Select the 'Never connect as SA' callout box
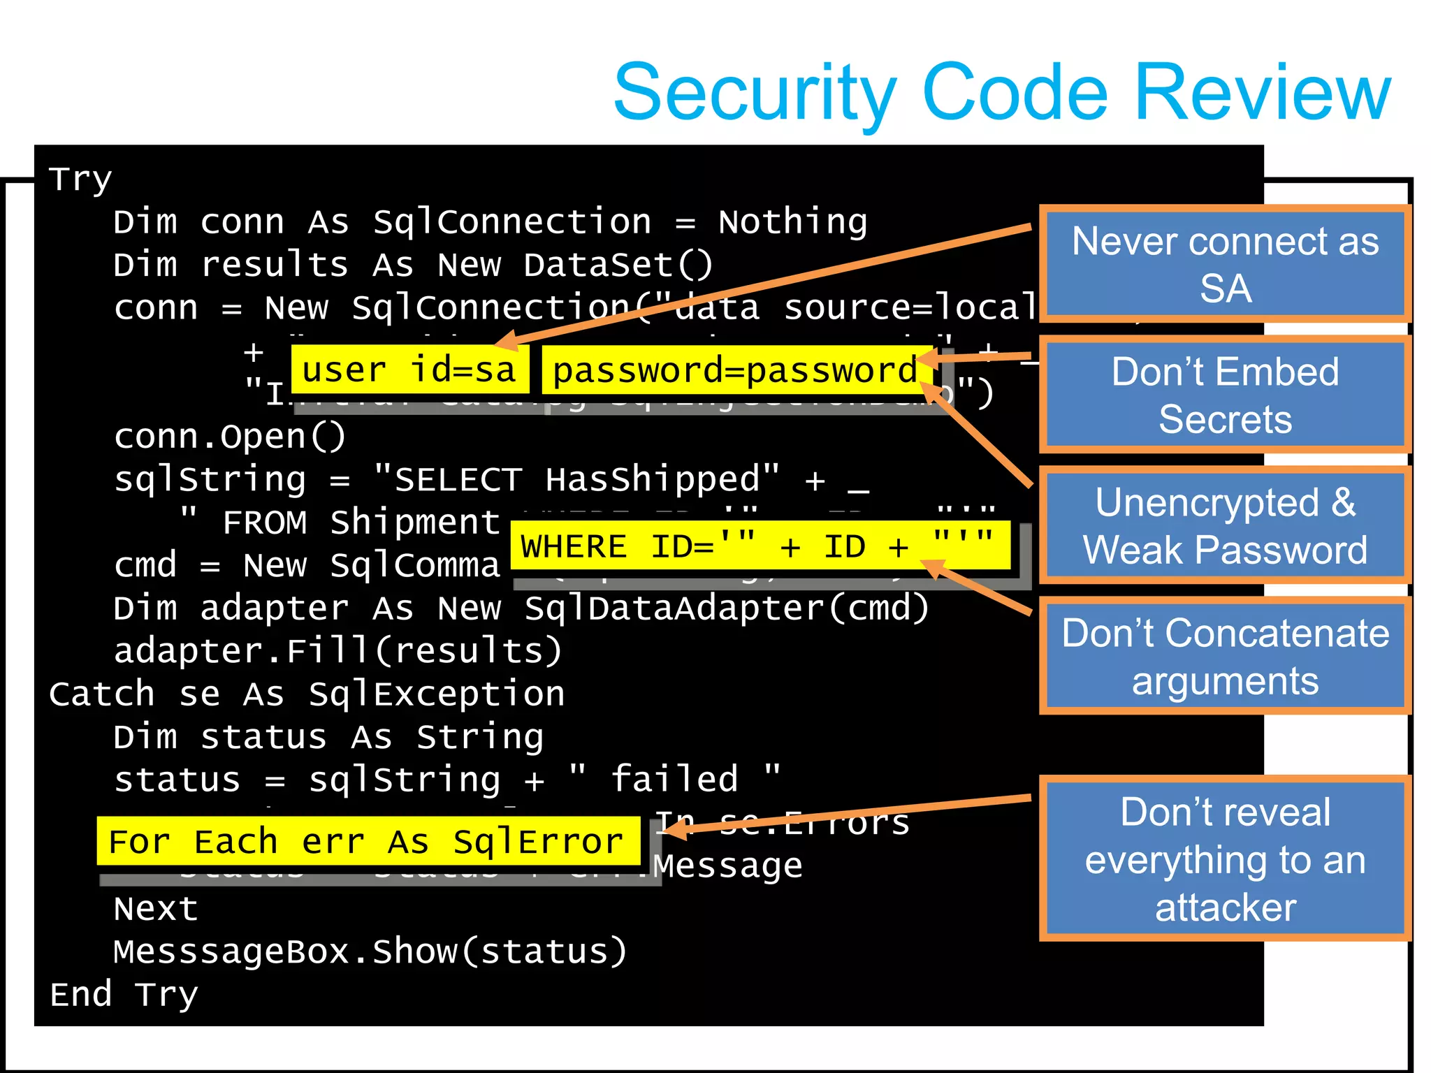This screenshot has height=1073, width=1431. click(x=1225, y=264)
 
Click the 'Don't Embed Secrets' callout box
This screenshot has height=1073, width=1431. click(x=1225, y=395)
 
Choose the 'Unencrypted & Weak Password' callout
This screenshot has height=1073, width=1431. click(x=1225, y=525)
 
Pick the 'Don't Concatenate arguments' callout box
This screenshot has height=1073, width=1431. click(x=1225, y=656)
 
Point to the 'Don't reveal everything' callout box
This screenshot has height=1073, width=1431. click(x=1225, y=859)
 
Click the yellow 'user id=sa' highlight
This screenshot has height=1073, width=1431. click(x=409, y=370)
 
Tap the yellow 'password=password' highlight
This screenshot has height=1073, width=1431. click(x=735, y=370)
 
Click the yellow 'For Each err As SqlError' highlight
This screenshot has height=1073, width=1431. click(x=367, y=841)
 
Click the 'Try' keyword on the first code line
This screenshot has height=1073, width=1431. click(x=80, y=180)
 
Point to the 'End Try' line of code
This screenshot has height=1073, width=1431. click(x=124, y=994)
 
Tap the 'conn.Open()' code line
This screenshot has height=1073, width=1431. click(x=229, y=437)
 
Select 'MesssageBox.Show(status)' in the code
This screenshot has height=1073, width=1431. click(x=370, y=951)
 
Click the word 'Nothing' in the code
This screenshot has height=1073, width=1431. click(x=793, y=222)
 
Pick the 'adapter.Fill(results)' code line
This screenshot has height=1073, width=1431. click(x=337, y=651)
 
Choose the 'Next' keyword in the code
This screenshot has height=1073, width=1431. click(x=156, y=909)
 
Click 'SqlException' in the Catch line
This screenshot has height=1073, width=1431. click(x=437, y=694)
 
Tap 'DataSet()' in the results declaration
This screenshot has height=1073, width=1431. click(x=618, y=265)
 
